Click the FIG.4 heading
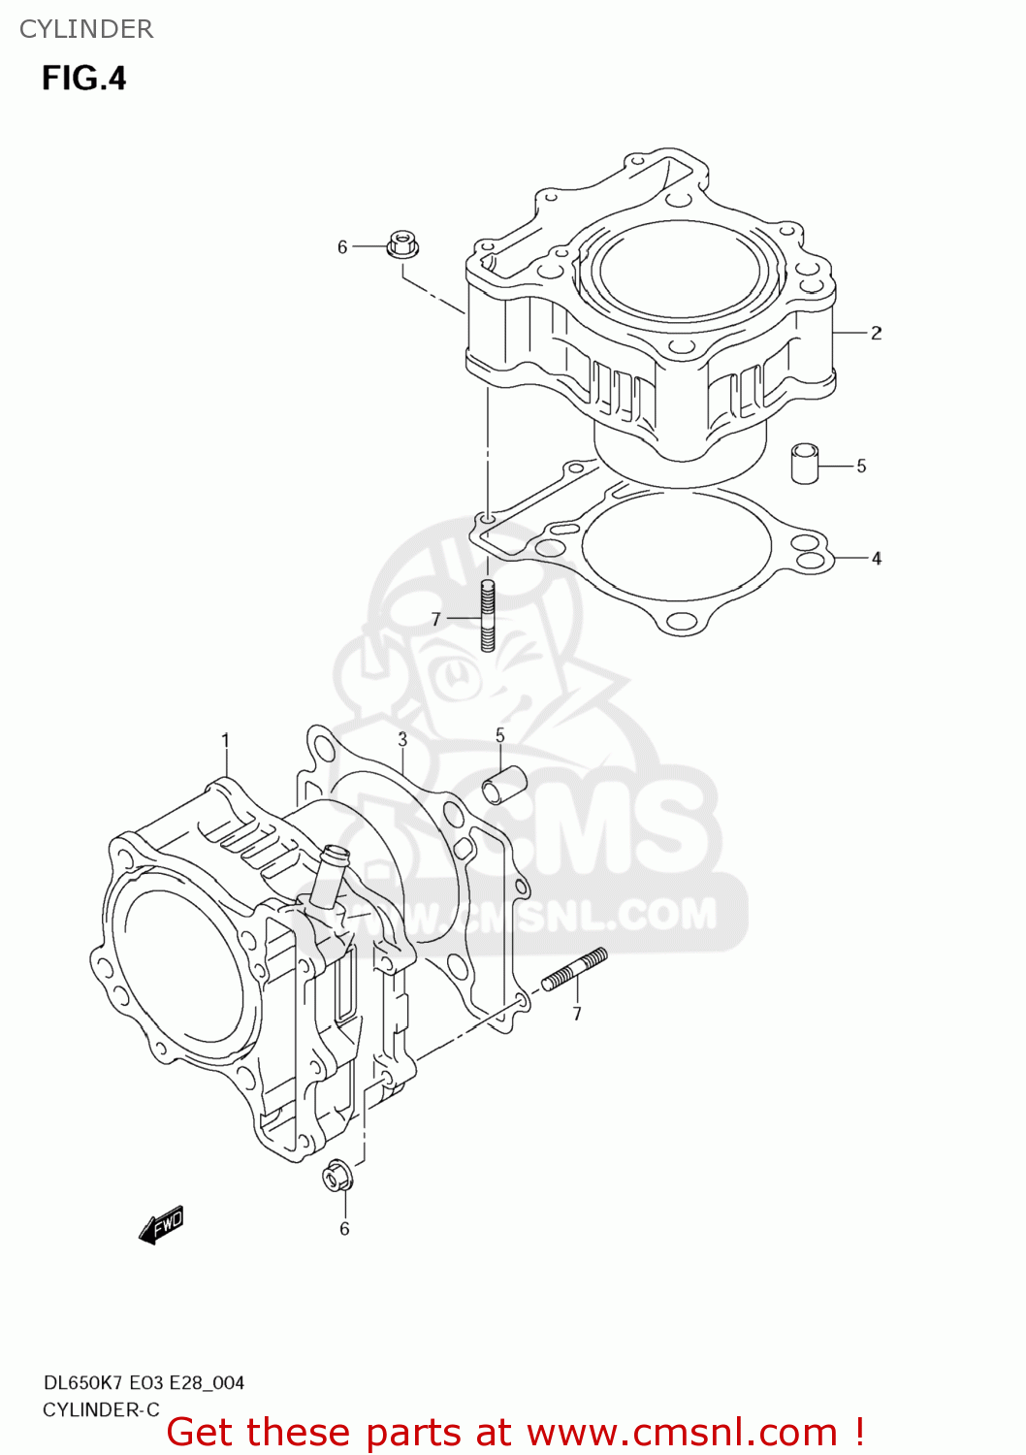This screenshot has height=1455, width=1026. [83, 78]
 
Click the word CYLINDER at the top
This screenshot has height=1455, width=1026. [86, 29]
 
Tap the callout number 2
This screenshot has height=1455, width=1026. [876, 333]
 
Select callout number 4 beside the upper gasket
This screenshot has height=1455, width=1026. [876, 559]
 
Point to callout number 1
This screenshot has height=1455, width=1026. [225, 741]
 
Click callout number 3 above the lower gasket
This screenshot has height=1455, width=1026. [402, 740]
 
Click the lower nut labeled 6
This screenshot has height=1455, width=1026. [337, 1177]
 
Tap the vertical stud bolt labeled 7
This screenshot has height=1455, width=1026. [488, 615]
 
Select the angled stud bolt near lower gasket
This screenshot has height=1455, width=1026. [574, 969]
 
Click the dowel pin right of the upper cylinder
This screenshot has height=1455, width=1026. [804, 463]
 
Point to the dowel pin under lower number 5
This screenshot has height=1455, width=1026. [504, 785]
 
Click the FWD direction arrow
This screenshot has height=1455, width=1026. [160, 1225]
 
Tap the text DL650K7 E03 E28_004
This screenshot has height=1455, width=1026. [144, 1383]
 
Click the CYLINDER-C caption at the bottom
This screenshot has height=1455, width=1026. [101, 1409]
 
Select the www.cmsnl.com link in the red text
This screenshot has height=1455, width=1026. [682, 1433]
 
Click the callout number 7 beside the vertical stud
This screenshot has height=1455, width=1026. [436, 619]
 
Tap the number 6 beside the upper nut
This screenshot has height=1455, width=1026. [342, 247]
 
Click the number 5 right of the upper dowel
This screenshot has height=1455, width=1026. [860, 467]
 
